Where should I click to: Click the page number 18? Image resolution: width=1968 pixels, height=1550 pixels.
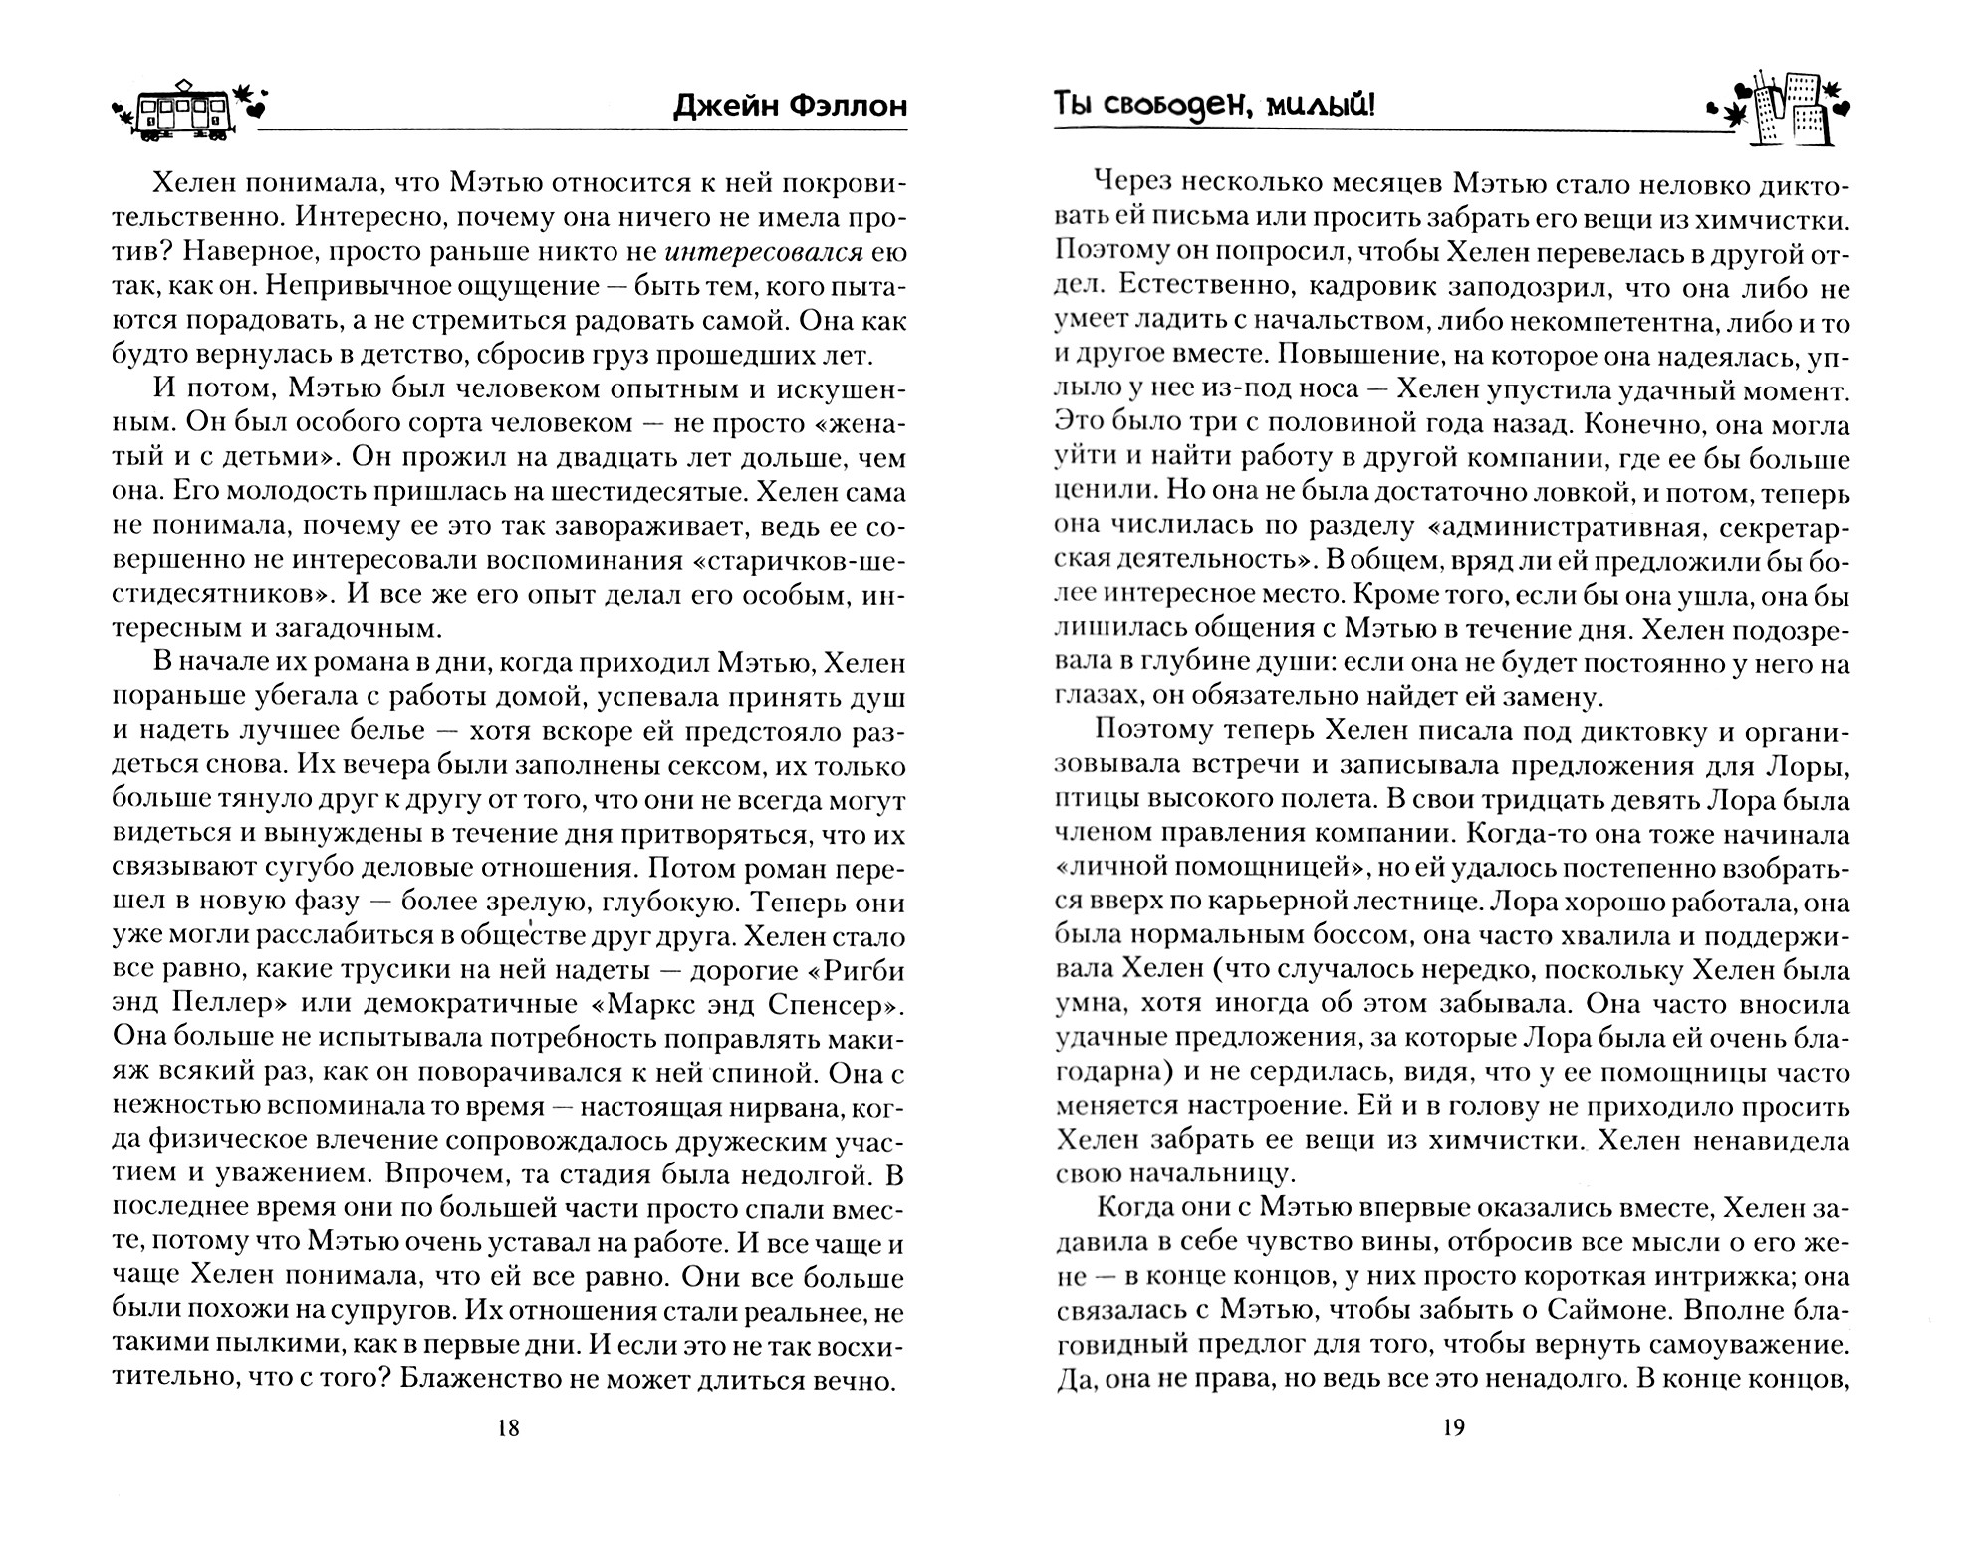pos(508,1428)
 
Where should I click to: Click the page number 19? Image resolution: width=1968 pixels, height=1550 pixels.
pos(1453,1428)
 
